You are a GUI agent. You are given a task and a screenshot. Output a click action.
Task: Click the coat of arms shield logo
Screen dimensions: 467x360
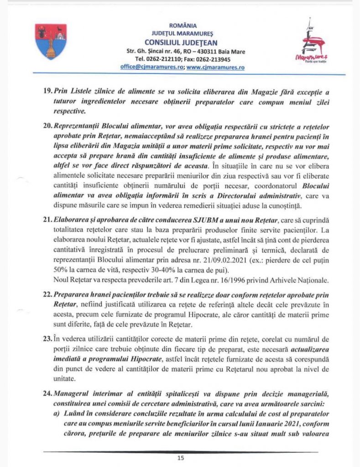point(51,41)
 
